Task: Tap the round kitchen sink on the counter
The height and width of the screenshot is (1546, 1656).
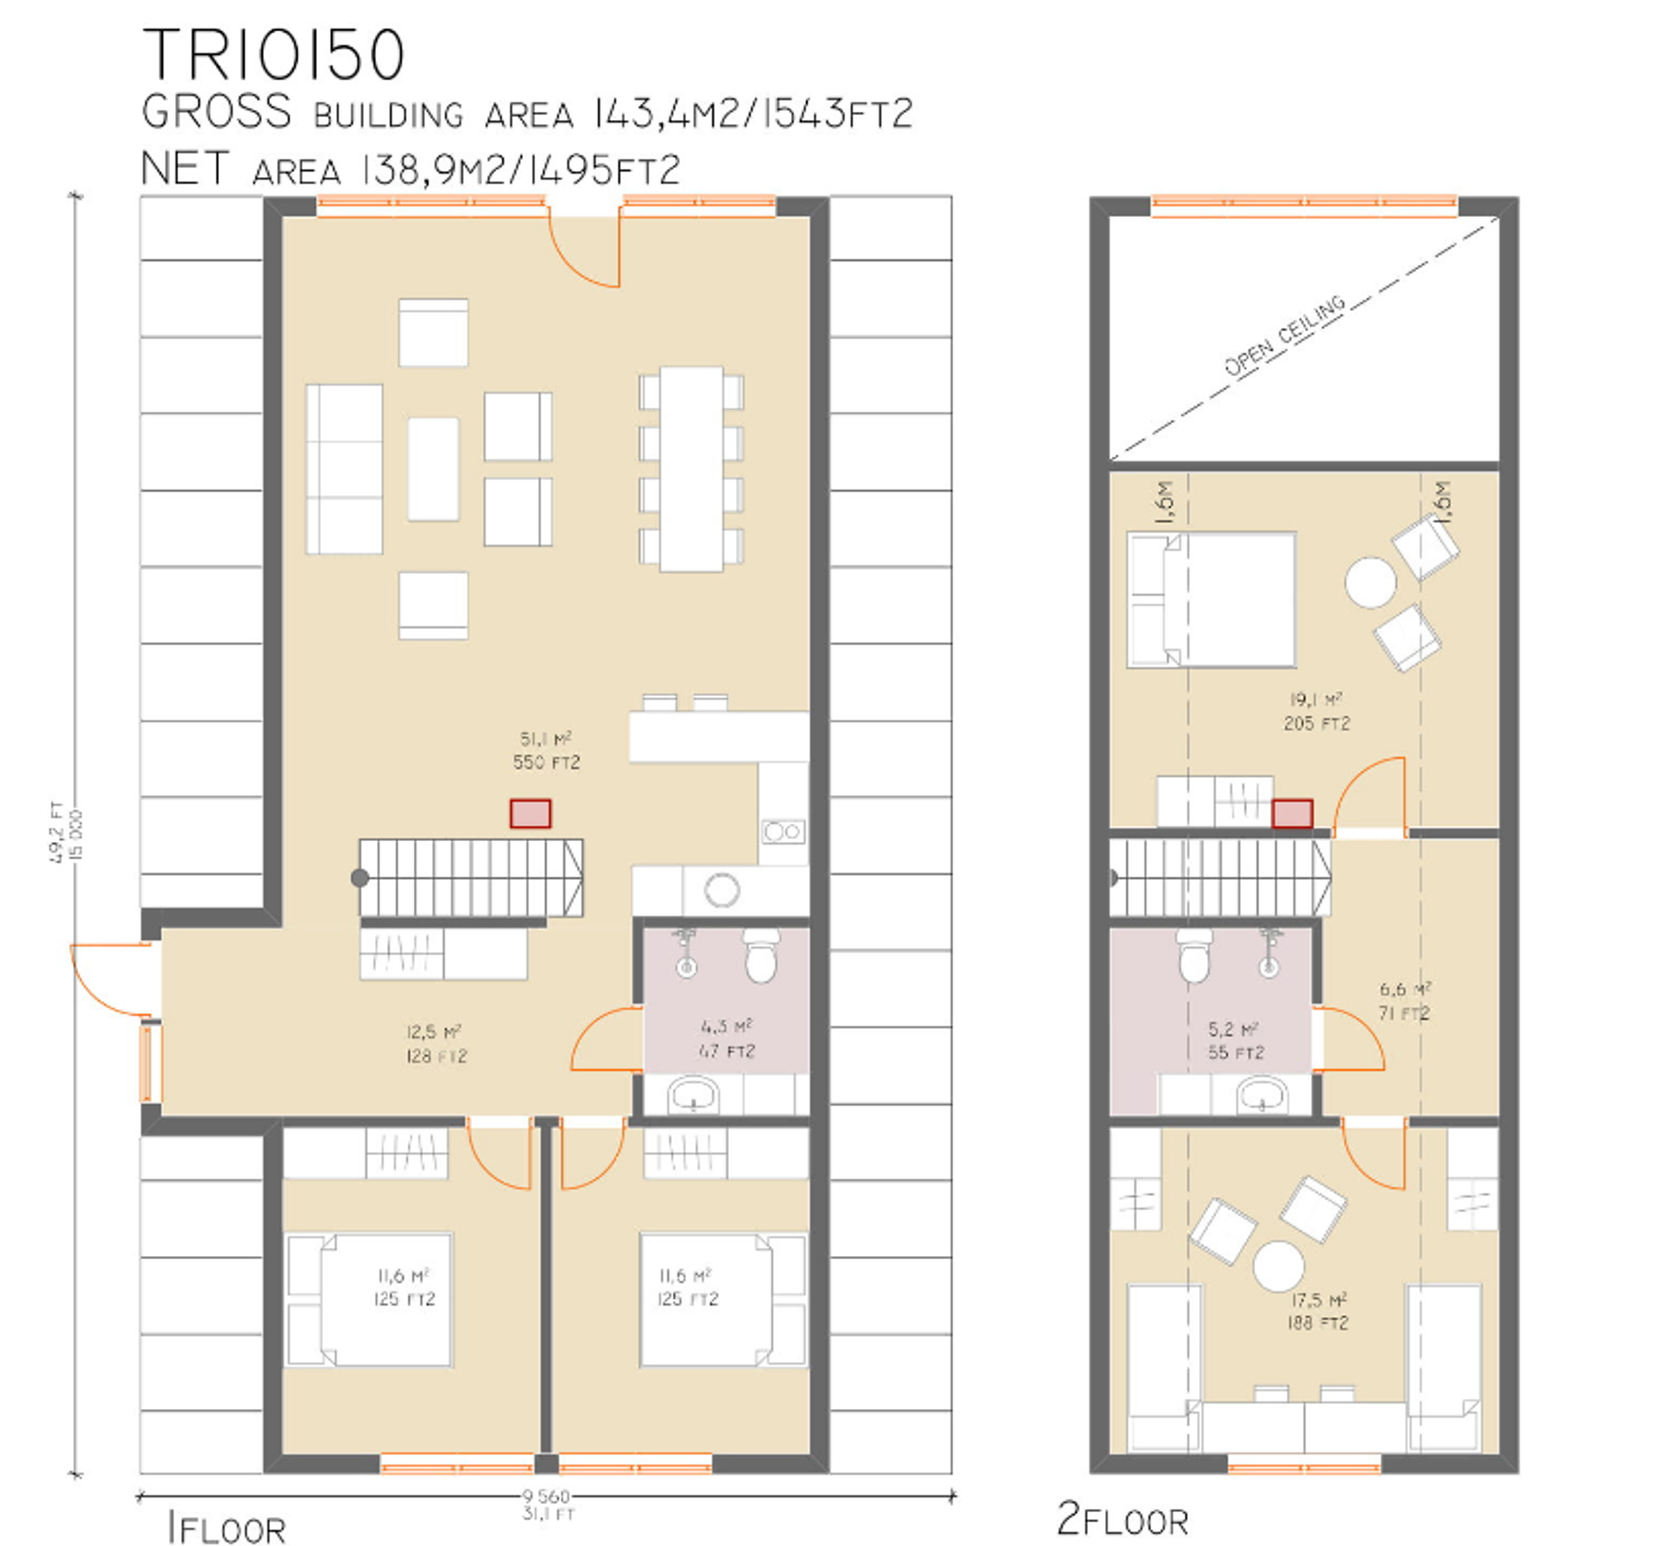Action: (x=721, y=890)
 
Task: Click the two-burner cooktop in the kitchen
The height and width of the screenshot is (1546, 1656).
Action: (x=783, y=831)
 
